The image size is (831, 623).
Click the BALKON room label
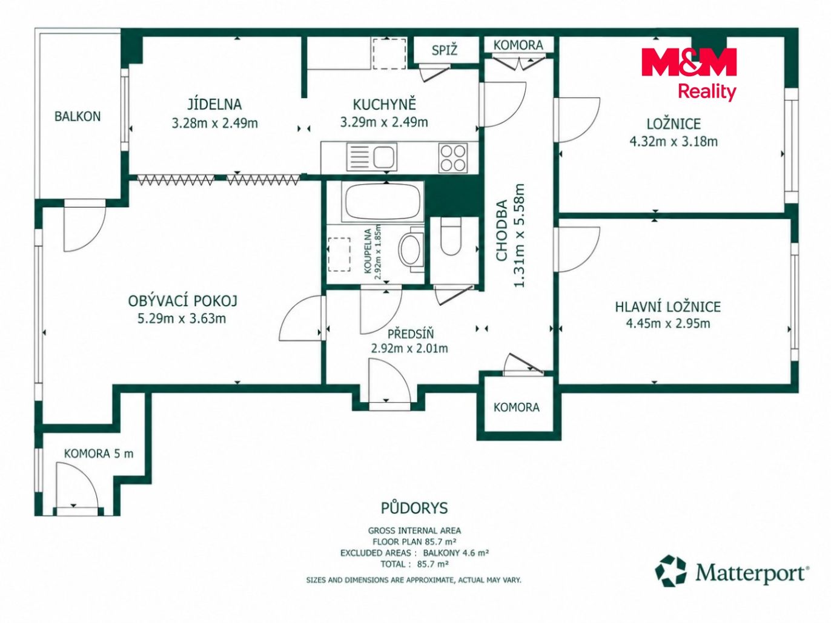coord(78,116)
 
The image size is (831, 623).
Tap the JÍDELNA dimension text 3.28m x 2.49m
coord(214,123)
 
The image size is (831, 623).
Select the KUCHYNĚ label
coord(384,104)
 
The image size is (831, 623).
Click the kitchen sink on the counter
coord(371,157)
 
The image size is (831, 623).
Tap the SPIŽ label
coord(445,50)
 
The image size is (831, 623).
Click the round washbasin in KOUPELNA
coord(409,249)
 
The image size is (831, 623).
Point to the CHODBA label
coord(502,230)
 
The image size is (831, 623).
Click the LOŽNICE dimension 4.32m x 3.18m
coord(674,142)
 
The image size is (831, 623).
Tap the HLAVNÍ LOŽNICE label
coord(668,306)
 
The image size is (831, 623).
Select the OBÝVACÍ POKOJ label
coord(183,301)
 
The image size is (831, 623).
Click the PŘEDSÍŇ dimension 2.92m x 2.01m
coord(409,348)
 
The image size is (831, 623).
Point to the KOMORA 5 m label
coord(99,453)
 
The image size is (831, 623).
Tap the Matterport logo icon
coord(670,570)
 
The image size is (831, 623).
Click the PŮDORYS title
coord(414,508)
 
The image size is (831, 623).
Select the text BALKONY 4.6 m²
coord(456,553)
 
